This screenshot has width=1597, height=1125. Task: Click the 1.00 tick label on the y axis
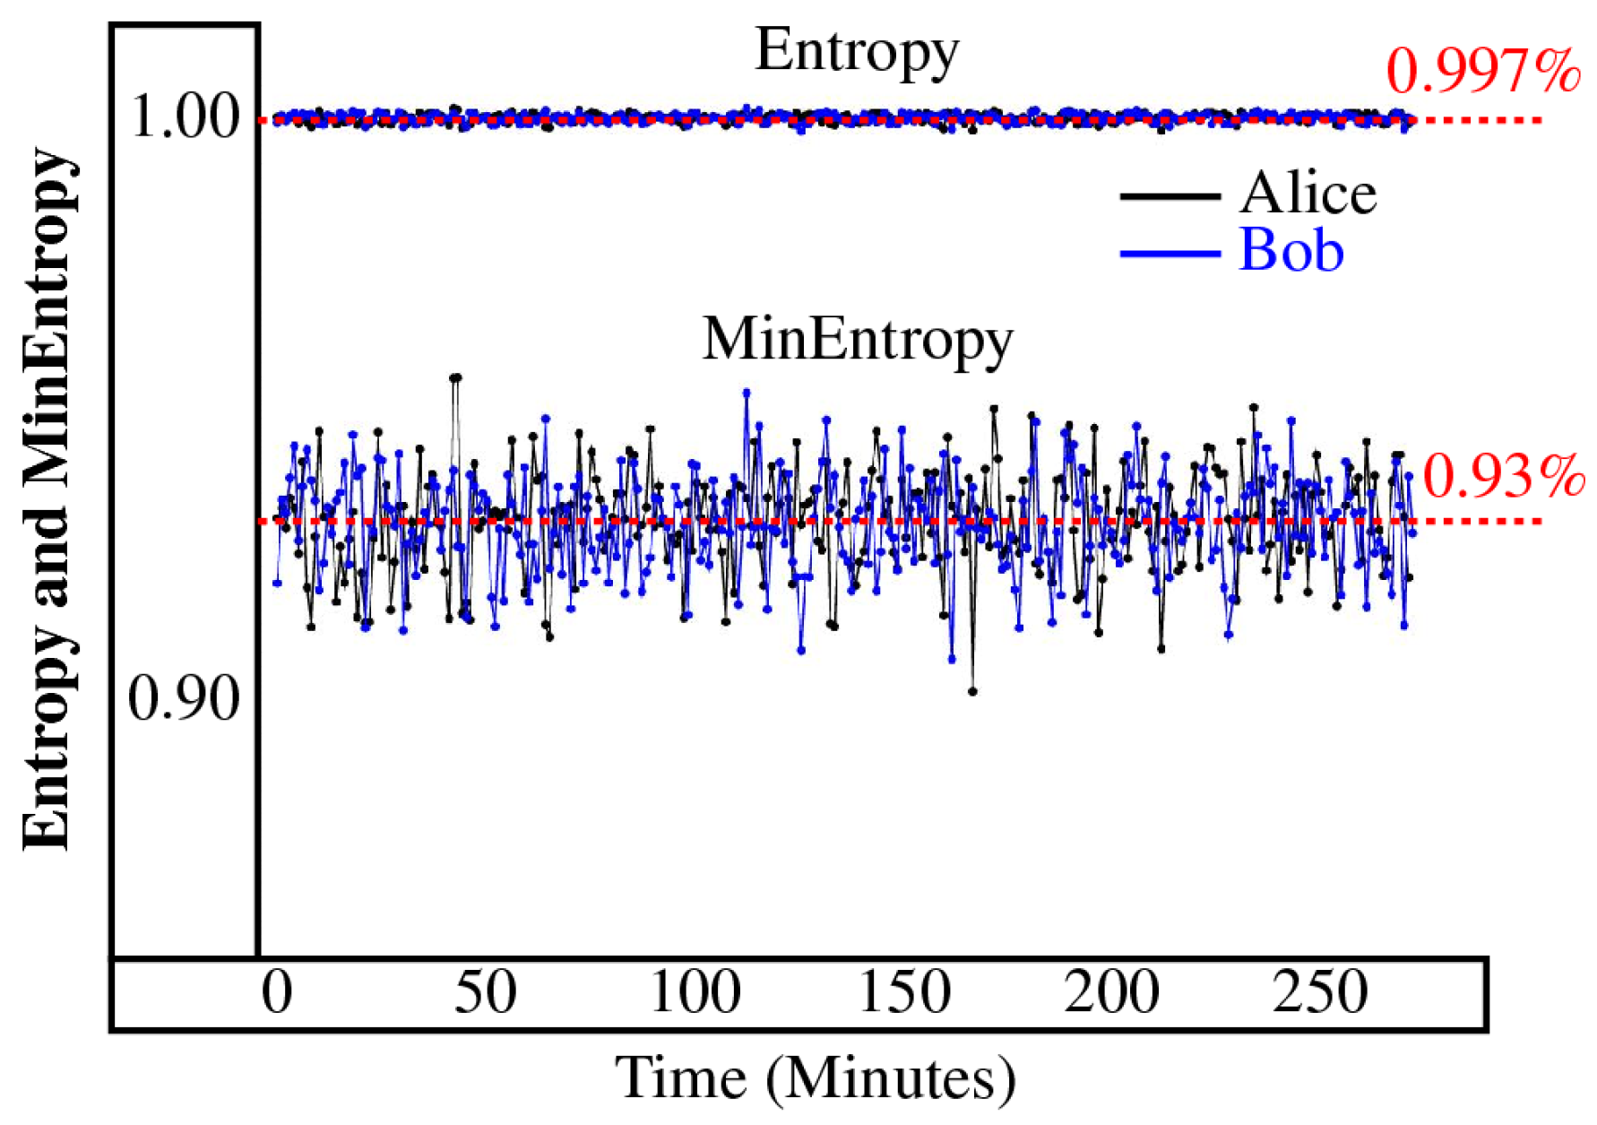[186, 117]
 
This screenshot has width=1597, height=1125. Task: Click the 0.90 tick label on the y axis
[184, 699]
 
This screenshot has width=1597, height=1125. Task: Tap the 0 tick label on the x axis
[277, 993]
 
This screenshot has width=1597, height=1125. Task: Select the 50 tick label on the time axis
[485, 993]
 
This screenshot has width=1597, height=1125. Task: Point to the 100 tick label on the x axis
[695, 993]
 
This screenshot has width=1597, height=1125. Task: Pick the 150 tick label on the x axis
[903, 993]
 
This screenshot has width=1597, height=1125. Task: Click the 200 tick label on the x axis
[1111, 993]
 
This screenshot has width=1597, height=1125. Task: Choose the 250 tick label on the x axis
[1320, 993]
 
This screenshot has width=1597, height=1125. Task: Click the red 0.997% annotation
[1483, 72]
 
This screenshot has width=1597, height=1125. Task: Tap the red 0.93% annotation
[1503, 476]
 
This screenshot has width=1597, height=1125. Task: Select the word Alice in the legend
[1308, 194]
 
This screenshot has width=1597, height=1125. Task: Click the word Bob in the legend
[1291, 251]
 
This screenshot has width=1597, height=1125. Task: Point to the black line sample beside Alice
[1170, 195]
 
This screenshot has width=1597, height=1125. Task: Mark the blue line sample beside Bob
[1170, 254]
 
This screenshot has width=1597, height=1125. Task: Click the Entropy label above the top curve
[857, 52]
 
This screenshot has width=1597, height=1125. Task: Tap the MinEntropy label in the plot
[857, 341]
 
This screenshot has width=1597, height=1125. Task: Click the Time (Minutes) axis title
[815, 1078]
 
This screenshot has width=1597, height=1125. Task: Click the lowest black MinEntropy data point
[972, 691]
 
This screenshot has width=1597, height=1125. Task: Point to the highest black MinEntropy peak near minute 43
[455, 377]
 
